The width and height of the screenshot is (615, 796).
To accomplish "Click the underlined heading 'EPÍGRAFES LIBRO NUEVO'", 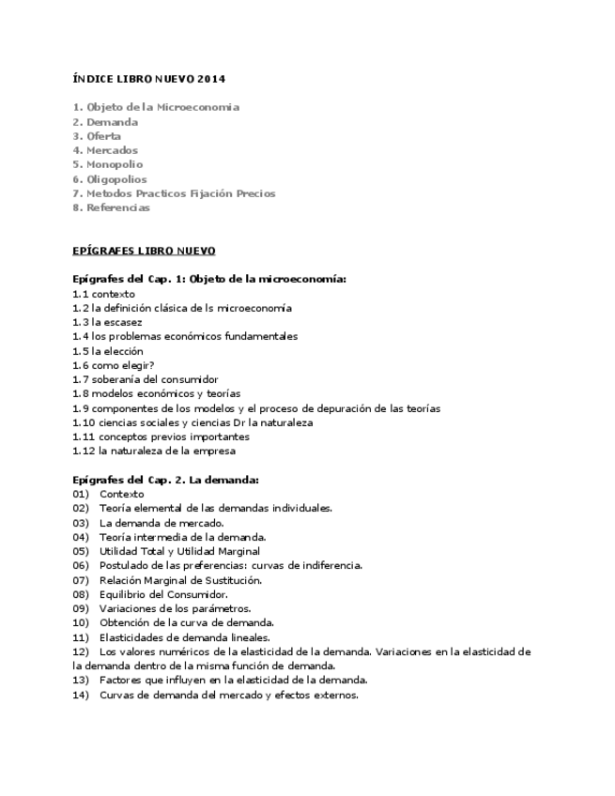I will pyautogui.click(x=144, y=251).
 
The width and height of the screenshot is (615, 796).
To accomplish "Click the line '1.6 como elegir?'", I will pyautogui.click(x=114, y=365).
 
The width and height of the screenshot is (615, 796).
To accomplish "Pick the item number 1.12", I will pyautogui.click(x=83, y=451).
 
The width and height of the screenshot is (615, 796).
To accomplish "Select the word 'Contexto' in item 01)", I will pyautogui.click(x=122, y=494).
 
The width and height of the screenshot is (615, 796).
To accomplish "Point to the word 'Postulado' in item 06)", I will pyautogui.click(x=123, y=565).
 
